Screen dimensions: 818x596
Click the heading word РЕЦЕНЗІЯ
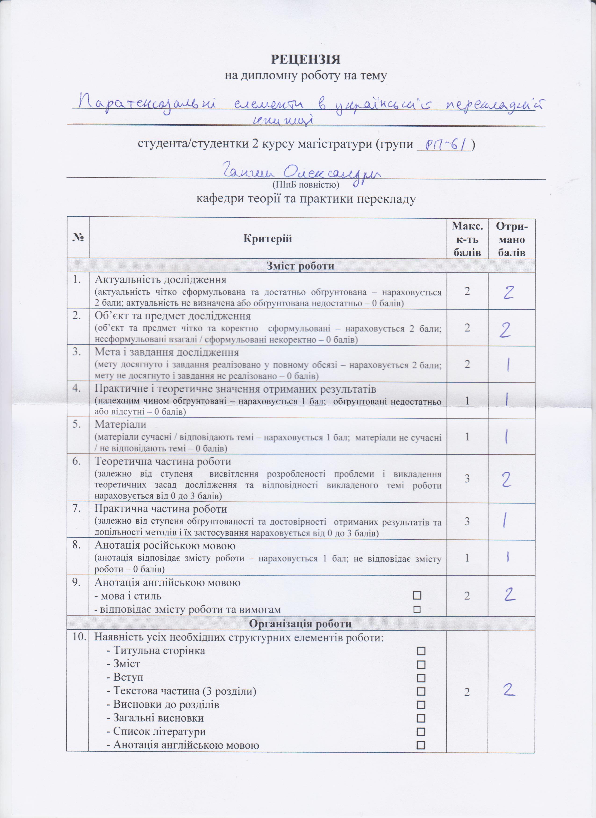(x=305, y=59)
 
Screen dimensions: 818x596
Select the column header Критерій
(x=267, y=238)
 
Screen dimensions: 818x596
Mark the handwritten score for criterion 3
(x=508, y=365)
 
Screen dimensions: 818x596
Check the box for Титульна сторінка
(x=421, y=651)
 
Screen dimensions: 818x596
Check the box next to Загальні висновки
(x=421, y=718)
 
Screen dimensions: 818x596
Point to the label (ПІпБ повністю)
(x=305, y=185)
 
